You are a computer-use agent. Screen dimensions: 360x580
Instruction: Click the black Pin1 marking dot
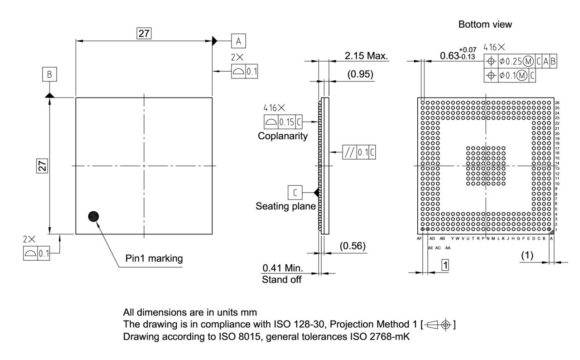point(94,216)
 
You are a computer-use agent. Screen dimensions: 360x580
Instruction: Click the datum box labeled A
point(238,41)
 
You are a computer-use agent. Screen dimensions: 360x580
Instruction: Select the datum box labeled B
point(49,73)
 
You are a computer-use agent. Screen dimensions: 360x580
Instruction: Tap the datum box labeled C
point(295,193)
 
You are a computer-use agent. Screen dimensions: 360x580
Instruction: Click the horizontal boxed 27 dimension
point(144,33)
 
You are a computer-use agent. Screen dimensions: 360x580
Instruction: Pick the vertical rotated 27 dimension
point(42,166)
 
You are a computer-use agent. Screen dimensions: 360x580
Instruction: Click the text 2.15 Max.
point(367,56)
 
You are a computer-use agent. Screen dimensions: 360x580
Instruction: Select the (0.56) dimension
point(353,246)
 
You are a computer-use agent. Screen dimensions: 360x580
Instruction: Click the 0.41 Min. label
point(283,268)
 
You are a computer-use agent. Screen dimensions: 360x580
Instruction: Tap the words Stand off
point(281,279)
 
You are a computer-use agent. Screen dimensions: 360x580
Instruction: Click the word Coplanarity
point(283,136)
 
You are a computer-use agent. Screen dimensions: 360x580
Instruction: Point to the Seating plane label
point(285,206)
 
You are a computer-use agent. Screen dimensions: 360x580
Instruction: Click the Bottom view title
point(485,24)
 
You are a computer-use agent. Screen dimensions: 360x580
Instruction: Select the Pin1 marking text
point(154,258)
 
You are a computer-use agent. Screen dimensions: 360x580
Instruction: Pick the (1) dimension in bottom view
point(527,255)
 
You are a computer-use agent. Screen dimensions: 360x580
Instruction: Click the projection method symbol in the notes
point(439,325)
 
